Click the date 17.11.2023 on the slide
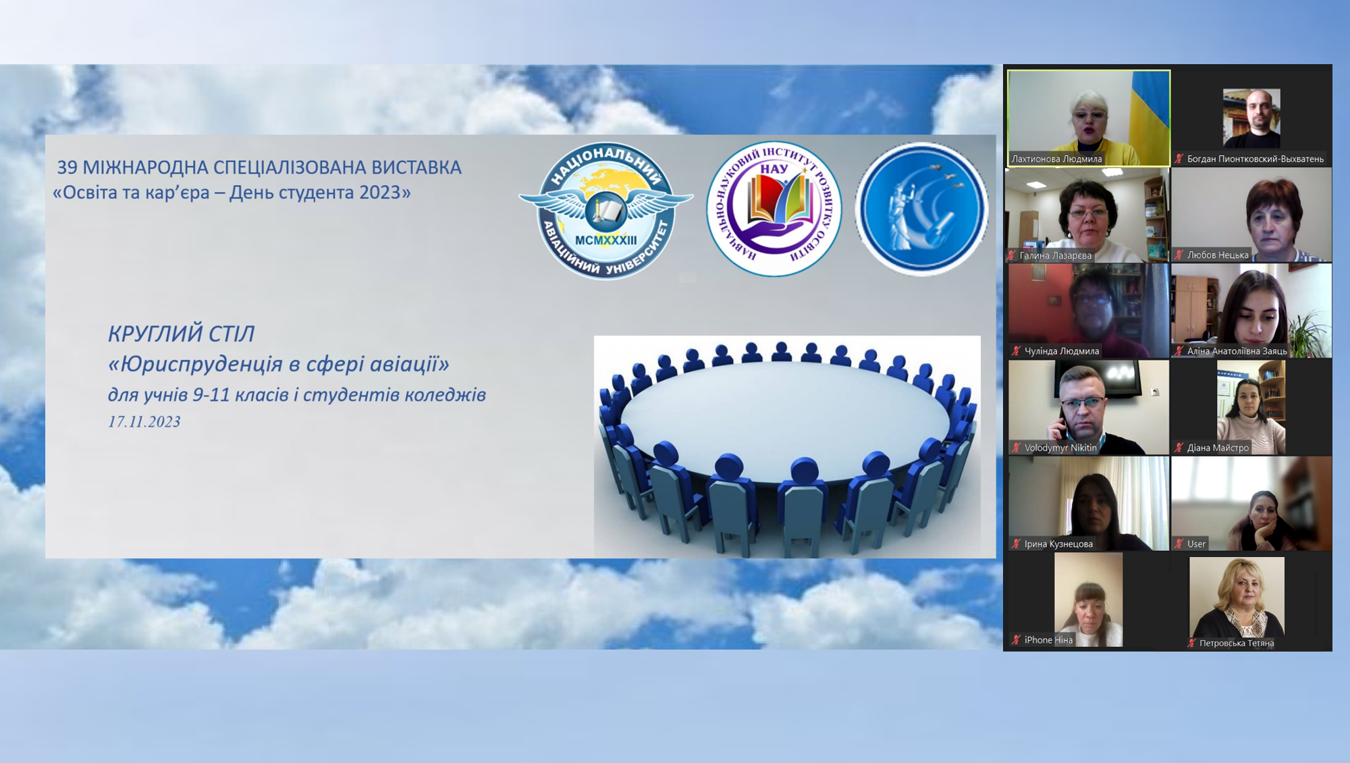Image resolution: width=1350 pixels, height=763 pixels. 144,422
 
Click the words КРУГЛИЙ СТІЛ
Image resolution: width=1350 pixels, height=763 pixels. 182,334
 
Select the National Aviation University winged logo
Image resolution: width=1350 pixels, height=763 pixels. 605,210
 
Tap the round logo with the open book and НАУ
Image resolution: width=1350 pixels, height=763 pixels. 774,209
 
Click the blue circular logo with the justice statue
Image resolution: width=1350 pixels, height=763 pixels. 922,209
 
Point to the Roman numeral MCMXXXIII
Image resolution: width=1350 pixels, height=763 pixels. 605,240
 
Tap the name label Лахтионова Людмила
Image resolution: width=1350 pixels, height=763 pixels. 1056,159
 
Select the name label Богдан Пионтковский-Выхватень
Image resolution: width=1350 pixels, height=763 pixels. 1255,159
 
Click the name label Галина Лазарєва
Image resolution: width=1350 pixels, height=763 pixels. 1055,255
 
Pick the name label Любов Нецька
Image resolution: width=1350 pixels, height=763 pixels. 1218,255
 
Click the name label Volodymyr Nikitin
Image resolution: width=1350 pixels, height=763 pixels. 1060,448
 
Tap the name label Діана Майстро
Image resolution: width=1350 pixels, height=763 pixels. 1218,448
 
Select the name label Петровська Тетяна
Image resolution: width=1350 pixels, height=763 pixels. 1237,643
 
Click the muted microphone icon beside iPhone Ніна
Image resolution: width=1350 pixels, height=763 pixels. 1016,639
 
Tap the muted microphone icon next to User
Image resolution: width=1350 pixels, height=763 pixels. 1179,544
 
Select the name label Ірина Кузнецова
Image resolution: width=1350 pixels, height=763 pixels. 1058,544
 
